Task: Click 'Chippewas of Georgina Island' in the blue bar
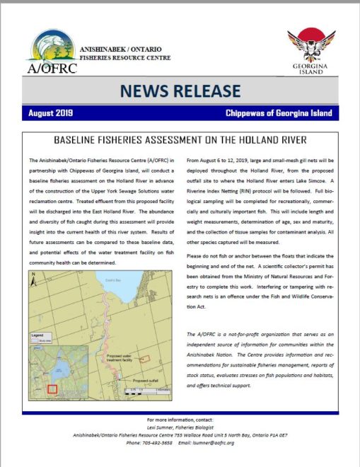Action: coord(278,113)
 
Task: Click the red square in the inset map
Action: coord(52,388)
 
